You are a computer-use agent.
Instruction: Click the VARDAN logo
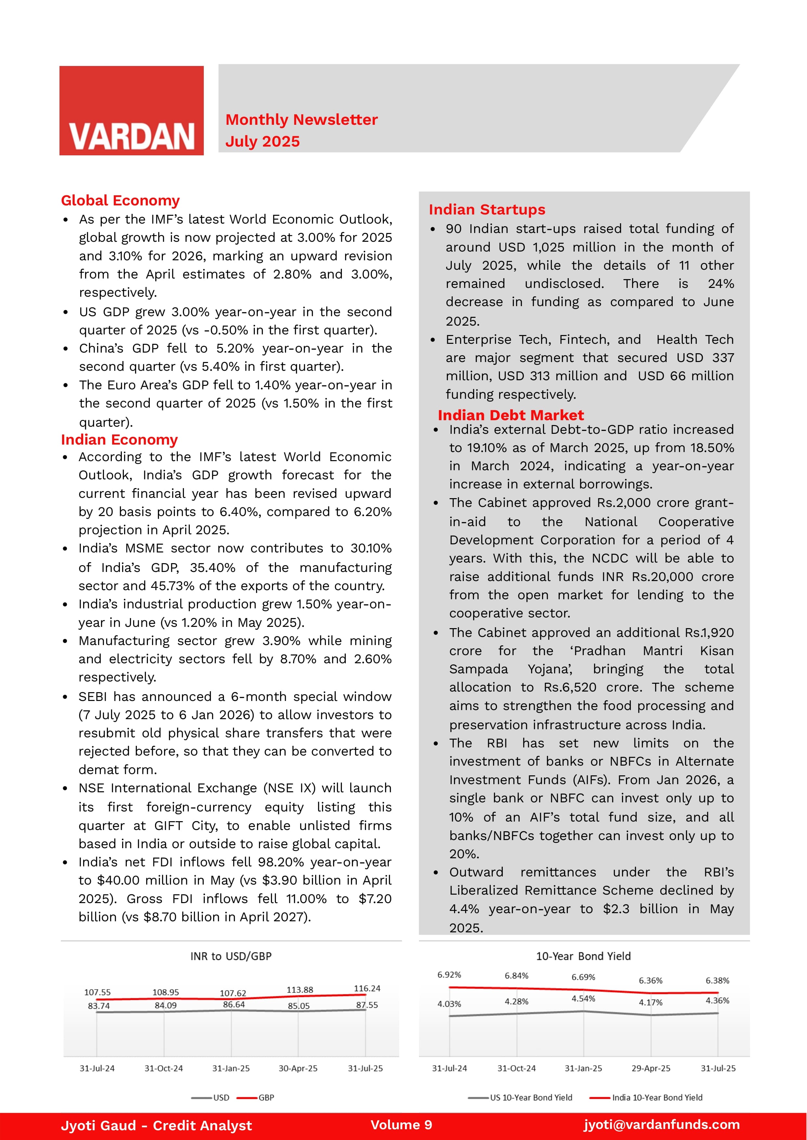131,111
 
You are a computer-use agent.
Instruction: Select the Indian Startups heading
487,209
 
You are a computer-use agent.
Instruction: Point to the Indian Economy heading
119,440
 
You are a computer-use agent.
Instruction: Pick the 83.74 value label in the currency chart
98,1005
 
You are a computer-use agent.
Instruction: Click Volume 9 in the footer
401,1125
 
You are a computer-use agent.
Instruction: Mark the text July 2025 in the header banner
262,142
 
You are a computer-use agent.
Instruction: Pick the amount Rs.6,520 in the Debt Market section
570,687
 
